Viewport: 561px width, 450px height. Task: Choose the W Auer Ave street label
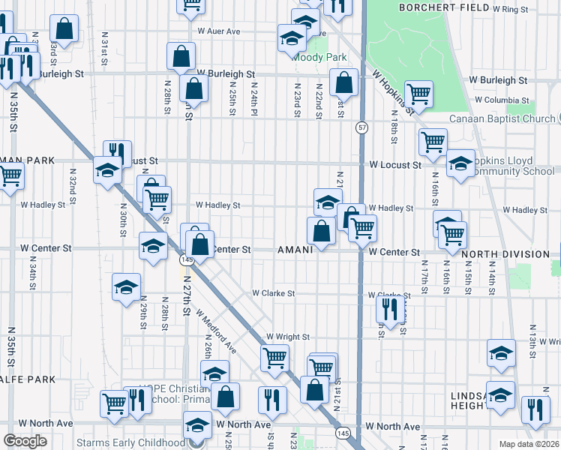coord(218,31)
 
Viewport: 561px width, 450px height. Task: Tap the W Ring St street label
coord(510,9)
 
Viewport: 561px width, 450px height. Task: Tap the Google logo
coord(25,440)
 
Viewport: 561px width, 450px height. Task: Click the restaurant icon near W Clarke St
coord(390,307)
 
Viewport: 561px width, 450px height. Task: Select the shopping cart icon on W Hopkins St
coord(418,93)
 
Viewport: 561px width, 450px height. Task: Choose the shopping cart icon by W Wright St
coord(274,358)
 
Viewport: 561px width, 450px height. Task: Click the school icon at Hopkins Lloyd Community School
coord(460,163)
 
